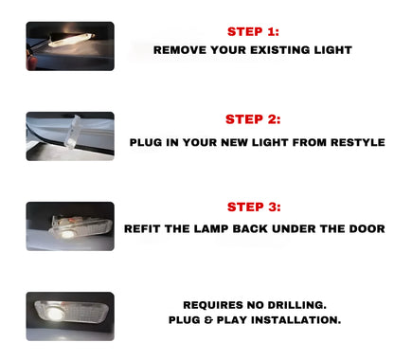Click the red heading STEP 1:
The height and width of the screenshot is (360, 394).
(253, 31)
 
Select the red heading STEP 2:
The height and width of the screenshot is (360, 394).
(253, 119)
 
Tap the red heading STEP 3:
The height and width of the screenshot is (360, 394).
(254, 207)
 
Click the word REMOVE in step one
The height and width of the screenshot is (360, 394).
(180, 50)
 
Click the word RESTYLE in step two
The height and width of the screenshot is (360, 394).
(358, 142)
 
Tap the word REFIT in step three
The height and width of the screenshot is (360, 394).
(142, 228)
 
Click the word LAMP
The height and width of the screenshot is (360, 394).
(211, 228)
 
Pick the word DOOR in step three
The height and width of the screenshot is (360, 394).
(367, 228)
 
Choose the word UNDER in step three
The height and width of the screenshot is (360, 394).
(294, 228)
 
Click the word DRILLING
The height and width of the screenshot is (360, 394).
(296, 305)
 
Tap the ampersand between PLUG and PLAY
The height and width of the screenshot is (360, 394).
(208, 320)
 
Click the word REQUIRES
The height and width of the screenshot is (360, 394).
(213, 305)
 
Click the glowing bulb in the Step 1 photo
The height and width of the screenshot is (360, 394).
(72, 40)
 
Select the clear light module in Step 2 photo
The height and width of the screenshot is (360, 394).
(73, 132)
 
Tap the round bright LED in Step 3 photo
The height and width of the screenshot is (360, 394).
(66, 234)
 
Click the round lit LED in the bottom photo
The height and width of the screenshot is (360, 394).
(55, 314)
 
